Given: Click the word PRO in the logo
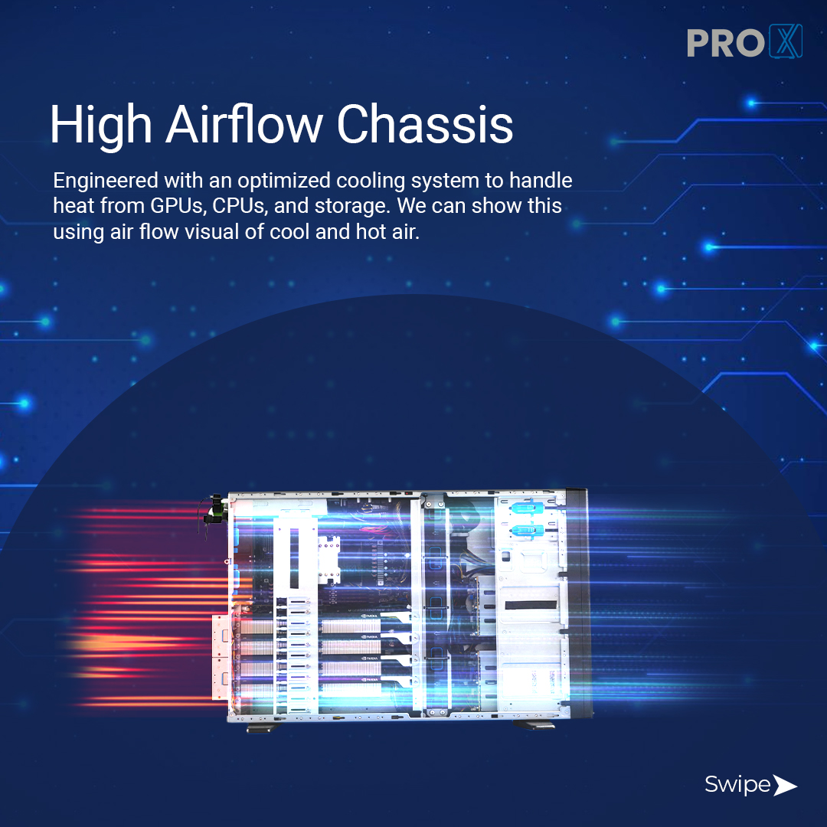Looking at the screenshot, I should click(x=724, y=43).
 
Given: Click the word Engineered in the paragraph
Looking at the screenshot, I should click(x=104, y=182).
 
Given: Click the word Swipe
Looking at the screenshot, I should click(x=737, y=785).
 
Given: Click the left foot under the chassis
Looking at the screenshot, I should click(x=257, y=727).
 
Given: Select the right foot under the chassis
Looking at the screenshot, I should click(x=532, y=724).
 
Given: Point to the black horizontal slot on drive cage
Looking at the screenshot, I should click(x=531, y=606).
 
